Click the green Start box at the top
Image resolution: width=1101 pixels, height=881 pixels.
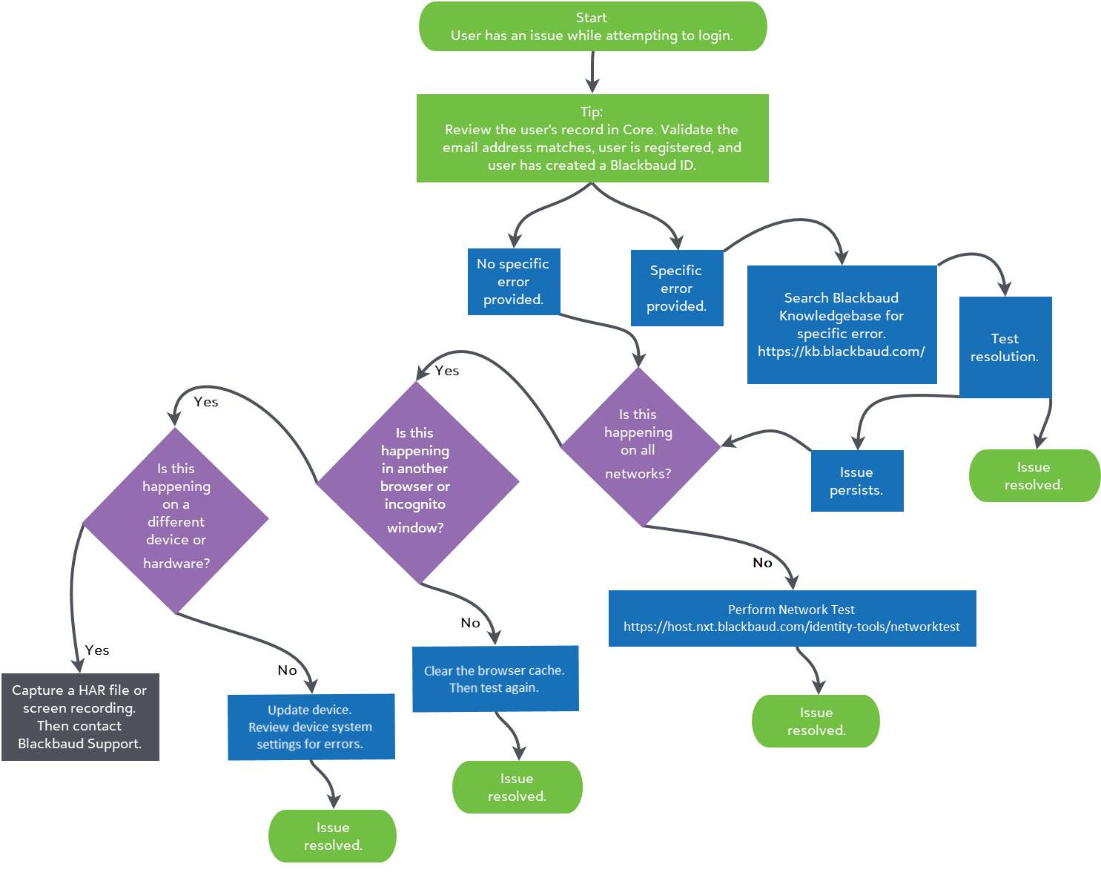pos(592,27)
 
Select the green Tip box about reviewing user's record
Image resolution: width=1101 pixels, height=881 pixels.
pos(592,138)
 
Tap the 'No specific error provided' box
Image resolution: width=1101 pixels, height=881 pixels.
pos(513,282)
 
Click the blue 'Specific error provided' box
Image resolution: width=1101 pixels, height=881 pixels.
pos(676,288)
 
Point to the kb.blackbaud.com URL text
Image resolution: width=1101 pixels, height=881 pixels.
pos(841,352)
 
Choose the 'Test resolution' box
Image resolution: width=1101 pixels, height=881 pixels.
pos(1005,347)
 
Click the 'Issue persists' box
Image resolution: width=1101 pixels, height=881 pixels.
pos(856,481)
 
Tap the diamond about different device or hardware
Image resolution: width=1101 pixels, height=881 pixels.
pos(176,519)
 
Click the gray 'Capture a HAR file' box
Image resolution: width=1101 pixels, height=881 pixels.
pos(79,716)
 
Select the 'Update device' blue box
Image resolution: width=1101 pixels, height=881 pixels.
pos(310,727)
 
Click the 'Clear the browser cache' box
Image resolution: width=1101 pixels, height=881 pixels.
pos(495,679)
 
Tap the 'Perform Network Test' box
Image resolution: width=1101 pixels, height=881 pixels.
pos(791,618)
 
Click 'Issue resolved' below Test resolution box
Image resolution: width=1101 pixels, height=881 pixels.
pos(1034,475)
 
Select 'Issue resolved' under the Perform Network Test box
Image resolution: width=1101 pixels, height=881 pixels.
pos(816,721)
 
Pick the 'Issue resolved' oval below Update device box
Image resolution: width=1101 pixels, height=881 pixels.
pos(332,836)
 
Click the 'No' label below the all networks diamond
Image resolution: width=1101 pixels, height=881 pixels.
pos(762,563)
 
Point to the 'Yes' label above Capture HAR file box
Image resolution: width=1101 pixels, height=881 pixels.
pos(97,650)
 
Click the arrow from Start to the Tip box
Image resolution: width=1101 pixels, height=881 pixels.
pos(592,72)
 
